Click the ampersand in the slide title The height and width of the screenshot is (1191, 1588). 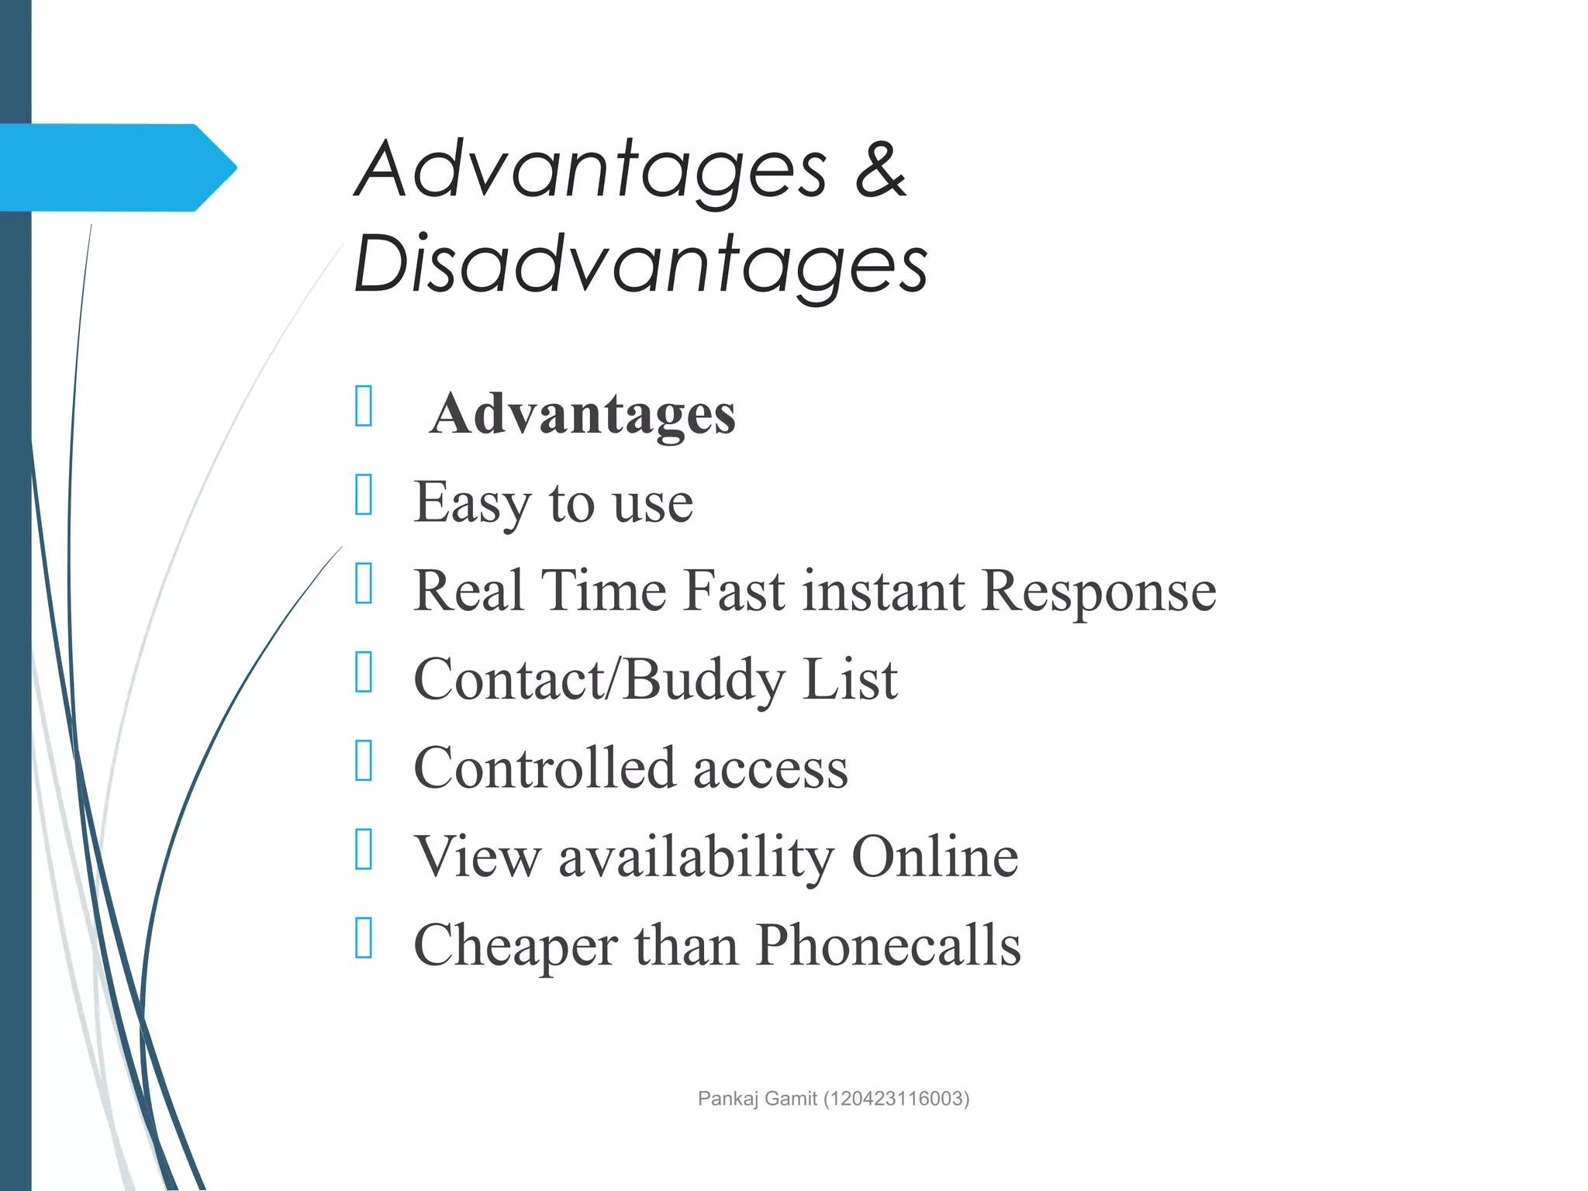(880, 170)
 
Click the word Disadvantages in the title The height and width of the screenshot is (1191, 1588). (640, 265)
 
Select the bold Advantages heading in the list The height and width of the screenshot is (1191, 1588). (582, 414)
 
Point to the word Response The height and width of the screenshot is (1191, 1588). (1099, 591)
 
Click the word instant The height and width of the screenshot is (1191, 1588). (884, 591)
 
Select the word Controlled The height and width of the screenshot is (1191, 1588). (545, 768)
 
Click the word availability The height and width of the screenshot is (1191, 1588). (696, 857)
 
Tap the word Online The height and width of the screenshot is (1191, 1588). (935, 856)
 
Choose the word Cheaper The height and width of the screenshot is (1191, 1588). (516, 945)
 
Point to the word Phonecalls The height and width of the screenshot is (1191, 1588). (888, 945)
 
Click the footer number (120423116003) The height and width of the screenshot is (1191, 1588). (896, 1099)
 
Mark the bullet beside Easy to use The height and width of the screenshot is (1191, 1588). (364, 494)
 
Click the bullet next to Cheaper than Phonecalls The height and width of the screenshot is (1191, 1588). (364, 937)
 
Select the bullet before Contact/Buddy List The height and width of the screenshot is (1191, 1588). (364, 671)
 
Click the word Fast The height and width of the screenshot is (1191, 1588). (735, 591)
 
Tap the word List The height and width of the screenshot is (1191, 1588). (850, 679)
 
